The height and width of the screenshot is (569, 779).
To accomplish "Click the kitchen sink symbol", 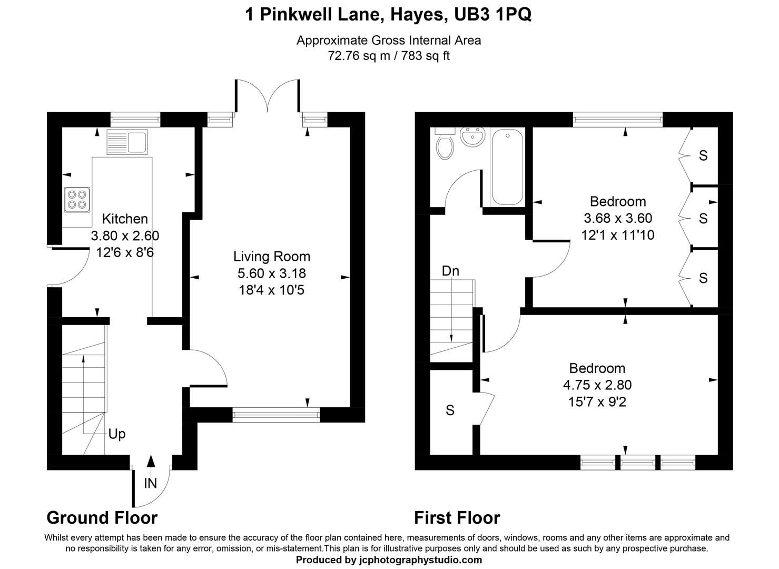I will (126, 142).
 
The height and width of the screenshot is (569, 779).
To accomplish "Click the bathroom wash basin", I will (472, 138).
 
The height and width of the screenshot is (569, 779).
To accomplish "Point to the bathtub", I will (507, 167).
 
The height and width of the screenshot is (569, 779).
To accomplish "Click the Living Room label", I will (272, 257).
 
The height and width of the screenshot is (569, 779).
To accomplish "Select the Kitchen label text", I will (125, 219).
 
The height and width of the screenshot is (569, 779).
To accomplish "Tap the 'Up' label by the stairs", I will (117, 434).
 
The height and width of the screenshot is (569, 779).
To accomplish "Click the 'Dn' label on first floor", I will (450, 271).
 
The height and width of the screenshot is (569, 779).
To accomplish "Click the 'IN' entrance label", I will (151, 483).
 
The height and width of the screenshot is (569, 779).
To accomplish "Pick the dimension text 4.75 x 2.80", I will (597, 385).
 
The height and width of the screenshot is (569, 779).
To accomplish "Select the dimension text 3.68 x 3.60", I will (618, 218).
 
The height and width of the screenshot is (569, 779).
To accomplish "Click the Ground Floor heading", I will (102, 518).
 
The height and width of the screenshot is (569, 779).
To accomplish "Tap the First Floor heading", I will (457, 518).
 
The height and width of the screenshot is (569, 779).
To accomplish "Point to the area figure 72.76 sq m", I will (358, 55).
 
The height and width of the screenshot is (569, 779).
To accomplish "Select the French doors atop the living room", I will (268, 97).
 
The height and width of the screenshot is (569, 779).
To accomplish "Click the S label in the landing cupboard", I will (450, 410).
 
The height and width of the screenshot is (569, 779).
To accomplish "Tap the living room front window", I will (276, 415).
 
